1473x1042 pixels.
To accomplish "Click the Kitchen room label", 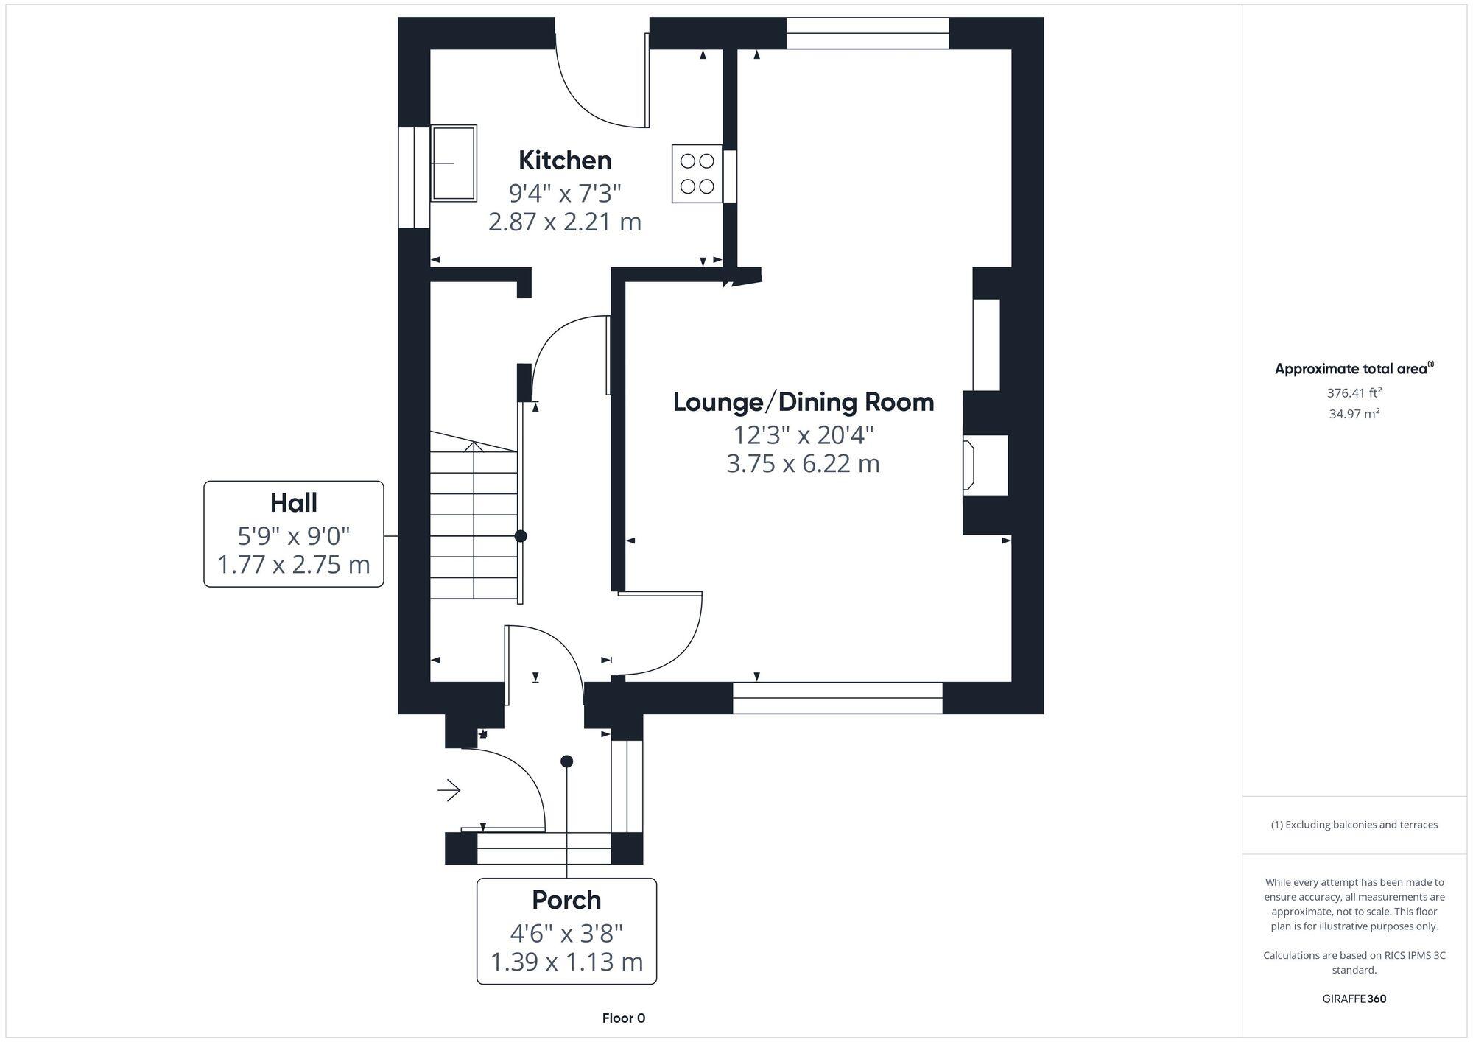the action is click(x=565, y=160).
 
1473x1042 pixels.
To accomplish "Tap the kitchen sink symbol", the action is click(x=454, y=163).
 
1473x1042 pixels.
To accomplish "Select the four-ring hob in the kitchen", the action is click(x=697, y=173).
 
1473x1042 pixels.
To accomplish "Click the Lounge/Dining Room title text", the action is click(x=804, y=402).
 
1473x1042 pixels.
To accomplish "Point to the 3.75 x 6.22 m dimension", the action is click(x=804, y=464).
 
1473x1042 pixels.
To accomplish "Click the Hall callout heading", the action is click(x=294, y=503).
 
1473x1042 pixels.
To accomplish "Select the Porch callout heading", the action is click(x=566, y=900).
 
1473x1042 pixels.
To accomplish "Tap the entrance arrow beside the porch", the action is click(x=449, y=791).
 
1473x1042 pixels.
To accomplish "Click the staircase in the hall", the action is click(x=475, y=515).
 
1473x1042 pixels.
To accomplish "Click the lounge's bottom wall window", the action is click(x=837, y=698).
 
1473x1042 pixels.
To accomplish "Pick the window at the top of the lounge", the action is click(x=868, y=33).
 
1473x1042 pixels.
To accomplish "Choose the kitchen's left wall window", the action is click(x=414, y=177).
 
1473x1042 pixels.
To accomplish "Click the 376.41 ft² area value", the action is click(x=1354, y=393).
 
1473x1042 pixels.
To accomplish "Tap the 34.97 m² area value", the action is click(x=1354, y=414).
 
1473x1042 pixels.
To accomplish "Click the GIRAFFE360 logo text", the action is click(x=1354, y=999).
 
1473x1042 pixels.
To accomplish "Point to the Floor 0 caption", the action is click(x=624, y=1018).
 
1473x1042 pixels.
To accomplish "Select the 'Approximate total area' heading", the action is click(x=1354, y=369).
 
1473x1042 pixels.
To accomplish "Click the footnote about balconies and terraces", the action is click(x=1354, y=825).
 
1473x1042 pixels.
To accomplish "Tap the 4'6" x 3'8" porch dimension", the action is click(x=566, y=933).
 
